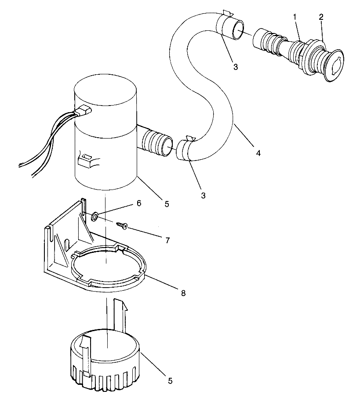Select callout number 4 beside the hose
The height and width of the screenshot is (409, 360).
258,153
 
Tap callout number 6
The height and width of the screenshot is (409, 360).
138,203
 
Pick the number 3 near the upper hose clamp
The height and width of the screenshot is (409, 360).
236,67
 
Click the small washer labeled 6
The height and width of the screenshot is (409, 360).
95,216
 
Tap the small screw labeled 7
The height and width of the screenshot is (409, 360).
122,226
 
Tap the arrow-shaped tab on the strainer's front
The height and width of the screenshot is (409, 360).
86,356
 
